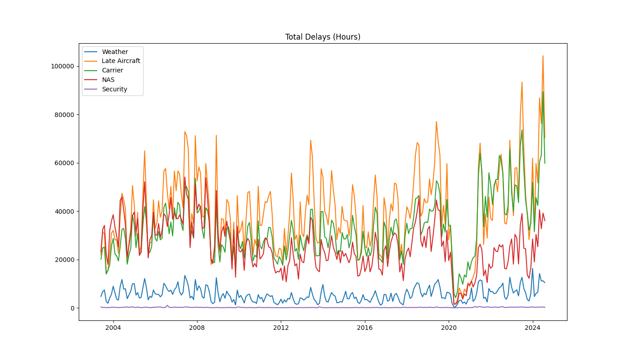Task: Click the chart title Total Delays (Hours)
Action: (x=323, y=37)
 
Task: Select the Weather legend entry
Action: (x=115, y=52)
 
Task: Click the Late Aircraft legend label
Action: (x=121, y=61)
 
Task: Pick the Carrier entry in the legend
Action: (x=112, y=70)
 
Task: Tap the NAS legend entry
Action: (x=108, y=80)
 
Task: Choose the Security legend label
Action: (x=114, y=89)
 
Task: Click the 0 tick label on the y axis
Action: (x=72, y=308)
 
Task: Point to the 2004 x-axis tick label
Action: (x=113, y=327)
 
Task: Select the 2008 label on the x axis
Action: (x=197, y=327)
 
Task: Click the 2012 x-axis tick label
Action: (x=281, y=327)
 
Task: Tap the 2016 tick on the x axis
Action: (x=365, y=327)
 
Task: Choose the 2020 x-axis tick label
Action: (x=449, y=327)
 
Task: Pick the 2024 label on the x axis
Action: (x=533, y=327)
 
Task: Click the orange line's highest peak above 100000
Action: (x=543, y=56)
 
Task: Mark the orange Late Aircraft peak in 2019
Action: (x=436, y=121)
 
